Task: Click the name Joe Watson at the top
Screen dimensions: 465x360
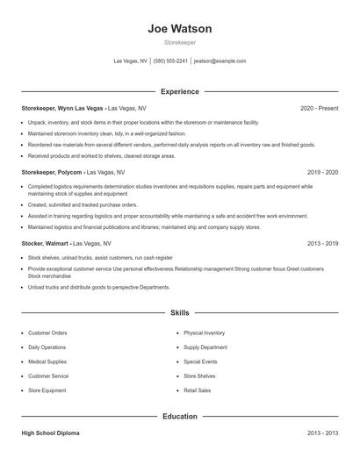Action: [180, 29]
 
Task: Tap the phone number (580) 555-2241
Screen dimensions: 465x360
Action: [171, 61]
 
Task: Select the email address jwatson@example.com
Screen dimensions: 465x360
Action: [220, 61]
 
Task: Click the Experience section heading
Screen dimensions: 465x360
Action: [180, 91]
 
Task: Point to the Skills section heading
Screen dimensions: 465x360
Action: [180, 312]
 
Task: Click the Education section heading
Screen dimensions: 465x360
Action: [180, 416]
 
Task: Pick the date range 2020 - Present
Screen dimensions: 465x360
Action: [319, 108]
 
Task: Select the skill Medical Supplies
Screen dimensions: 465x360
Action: [47, 361]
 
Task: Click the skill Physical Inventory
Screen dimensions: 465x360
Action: [204, 333]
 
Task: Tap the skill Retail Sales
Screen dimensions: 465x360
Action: [198, 390]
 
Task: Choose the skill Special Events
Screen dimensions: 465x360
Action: [200, 361]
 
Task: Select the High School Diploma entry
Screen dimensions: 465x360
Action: [52, 433]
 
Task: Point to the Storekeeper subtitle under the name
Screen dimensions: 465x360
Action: [180, 42]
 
